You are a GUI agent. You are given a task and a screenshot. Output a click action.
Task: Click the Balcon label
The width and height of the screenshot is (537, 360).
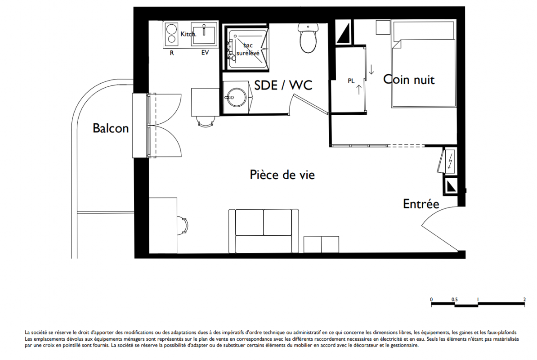point(111,128)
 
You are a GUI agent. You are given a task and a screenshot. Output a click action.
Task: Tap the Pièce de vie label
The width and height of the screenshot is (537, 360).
point(282,175)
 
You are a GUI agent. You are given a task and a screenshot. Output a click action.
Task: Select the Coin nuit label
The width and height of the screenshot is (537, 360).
point(409,80)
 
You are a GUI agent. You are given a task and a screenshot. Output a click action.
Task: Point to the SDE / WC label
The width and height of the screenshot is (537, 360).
point(283,85)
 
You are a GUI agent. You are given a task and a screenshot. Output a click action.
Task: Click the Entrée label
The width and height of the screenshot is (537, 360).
point(421,204)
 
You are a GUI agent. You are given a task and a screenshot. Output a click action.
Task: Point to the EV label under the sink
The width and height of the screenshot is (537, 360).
point(205,53)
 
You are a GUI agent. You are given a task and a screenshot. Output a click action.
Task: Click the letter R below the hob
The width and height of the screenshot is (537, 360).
point(172,53)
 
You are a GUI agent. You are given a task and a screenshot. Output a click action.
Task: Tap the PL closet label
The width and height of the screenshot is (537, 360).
point(351,81)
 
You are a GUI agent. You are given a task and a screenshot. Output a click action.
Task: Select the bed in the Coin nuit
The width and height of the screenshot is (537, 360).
point(424,64)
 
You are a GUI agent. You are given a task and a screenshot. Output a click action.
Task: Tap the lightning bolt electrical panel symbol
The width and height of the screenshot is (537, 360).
point(450,160)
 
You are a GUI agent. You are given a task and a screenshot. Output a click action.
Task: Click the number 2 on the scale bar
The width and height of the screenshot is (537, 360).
point(524,299)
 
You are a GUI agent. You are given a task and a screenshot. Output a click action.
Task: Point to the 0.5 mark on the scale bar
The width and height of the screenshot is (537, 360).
point(454,299)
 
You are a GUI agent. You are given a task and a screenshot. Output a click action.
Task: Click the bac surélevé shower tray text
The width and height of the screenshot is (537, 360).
point(248,49)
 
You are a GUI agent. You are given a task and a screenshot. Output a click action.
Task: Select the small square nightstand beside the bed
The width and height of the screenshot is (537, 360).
point(383,27)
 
